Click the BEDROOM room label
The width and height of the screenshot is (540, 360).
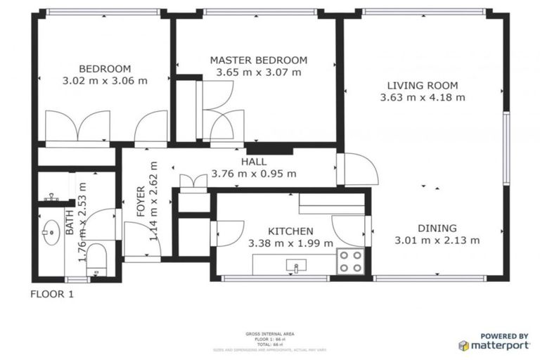[x=105, y=68]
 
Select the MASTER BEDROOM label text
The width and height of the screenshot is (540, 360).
[x=259, y=60]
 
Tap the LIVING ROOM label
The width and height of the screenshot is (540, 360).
[x=422, y=85]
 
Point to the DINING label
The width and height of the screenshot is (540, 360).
[x=437, y=228]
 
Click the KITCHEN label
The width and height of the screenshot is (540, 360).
[x=290, y=231]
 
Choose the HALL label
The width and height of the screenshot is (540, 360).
[x=254, y=162]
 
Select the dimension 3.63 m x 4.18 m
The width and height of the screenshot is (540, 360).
[x=422, y=98]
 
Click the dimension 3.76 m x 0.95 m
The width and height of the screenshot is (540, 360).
[x=254, y=174]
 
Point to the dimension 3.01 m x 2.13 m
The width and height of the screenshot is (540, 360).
[x=437, y=240]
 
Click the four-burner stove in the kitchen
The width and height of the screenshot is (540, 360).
[x=349, y=262]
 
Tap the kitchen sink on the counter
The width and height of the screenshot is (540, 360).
[x=296, y=266]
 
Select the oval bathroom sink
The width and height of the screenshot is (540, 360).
[x=50, y=230]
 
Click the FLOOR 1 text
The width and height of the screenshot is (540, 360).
[x=52, y=294]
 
